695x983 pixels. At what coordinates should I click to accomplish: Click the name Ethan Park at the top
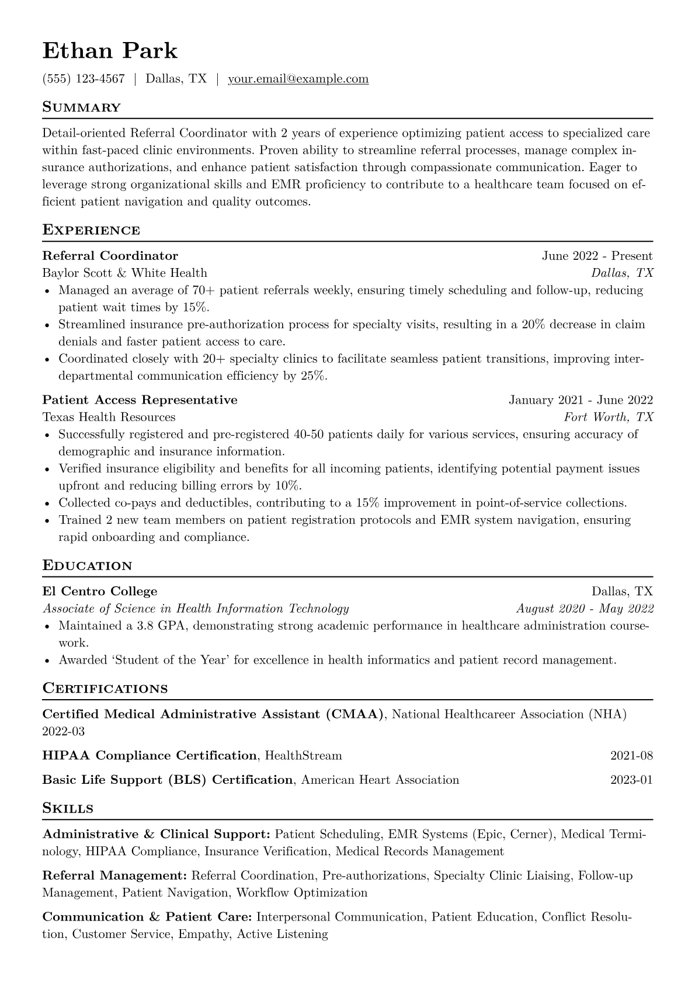(x=110, y=51)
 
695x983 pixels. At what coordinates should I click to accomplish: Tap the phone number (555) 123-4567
(x=84, y=79)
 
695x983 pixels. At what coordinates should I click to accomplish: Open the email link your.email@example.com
(x=298, y=79)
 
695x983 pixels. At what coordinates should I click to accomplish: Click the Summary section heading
(x=82, y=107)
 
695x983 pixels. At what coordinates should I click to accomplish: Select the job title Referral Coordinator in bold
(x=110, y=256)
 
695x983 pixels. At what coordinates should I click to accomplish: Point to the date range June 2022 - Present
(x=597, y=256)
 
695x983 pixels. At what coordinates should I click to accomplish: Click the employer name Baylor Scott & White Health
(x=124, y=273)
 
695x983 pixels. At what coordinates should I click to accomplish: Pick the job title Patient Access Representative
(x=140, y=400)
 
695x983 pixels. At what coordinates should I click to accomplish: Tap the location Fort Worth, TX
(x=608, y=417)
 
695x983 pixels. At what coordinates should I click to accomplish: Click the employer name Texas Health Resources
(x=109, y=417)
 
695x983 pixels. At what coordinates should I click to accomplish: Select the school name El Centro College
(x=100, y=591)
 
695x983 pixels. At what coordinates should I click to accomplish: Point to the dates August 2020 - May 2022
(x=585, y=609)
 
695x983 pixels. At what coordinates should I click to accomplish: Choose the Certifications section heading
(x=105, y=689)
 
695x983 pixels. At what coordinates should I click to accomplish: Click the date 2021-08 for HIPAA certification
(x=631, y=756)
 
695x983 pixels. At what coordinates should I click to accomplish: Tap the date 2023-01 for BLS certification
(x=631, y=780)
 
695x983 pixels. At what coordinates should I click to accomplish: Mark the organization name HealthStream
(x=303, y=756)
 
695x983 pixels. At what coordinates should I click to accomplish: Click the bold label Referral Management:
(x=114, y=876)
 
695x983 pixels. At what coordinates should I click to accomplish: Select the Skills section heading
(x=68, y=809)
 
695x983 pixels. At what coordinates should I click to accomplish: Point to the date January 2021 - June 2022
(x=581, y=400)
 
